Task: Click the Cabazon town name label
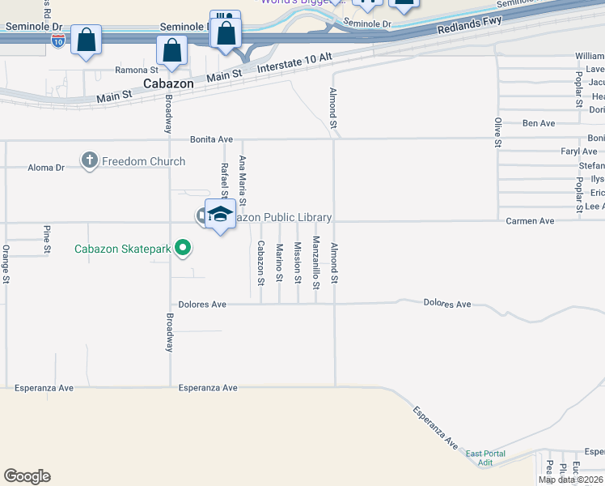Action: point(168,83)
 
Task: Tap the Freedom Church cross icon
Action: point(90,161)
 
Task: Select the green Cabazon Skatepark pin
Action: point(184,248)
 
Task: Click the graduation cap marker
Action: point(219,215)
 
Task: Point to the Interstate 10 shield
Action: point(57,42)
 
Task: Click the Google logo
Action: point(27,476)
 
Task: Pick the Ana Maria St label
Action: point(242,179)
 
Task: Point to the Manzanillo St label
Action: point(316,262)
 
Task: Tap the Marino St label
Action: point(279,263)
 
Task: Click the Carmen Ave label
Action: point(530,220)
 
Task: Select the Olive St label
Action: point(497,133)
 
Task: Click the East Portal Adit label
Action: point(485,458)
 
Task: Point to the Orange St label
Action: point(6,264)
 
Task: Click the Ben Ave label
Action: point(539,123)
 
